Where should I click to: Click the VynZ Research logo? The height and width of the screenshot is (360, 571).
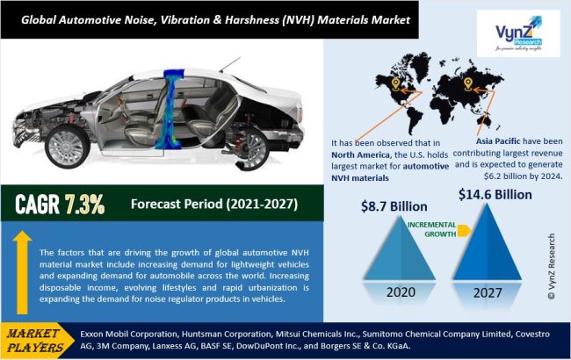click(x=518, y=33)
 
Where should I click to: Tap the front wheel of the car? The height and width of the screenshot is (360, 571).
click(x=68, y=147)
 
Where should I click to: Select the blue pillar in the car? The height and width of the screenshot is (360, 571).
click(x=170, y=109)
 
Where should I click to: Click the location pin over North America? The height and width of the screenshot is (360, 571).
click(x=395, y=84)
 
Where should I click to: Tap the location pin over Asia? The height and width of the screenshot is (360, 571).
click(x=468, y=84)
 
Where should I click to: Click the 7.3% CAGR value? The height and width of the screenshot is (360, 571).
click(x=84, y=205)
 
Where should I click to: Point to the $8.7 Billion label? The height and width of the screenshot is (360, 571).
click(x=394, y=206)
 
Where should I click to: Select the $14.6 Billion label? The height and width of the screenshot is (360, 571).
click(x=495, y=195)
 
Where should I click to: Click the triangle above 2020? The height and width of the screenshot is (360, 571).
click(x=401, y=251)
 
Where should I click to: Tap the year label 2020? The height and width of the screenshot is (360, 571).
click(x=401, y=292)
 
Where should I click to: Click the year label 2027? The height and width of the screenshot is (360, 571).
click(x=488, y=293)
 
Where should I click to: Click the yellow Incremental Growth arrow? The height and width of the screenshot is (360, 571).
click(x=464, y=230)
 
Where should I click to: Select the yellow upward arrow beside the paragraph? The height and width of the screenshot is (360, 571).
click(x=22, y=272)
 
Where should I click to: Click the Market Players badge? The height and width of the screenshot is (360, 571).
click(x=37, y=341)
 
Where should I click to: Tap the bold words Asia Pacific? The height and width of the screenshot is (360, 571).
click(x=499, y=141)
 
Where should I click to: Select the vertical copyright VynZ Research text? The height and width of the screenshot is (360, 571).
click(x=552, y=266)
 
